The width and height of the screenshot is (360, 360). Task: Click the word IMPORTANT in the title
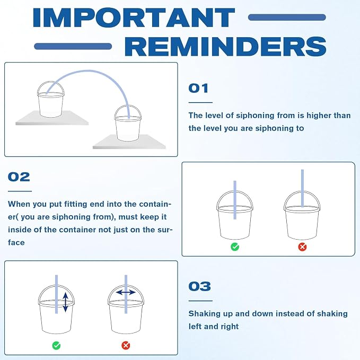click(x=134, y=17)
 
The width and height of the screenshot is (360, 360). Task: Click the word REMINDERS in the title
click(x=225, y=46)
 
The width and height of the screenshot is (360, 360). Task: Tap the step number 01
click(x=198, y=89)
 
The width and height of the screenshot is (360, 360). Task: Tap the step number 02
click(x=19, y=177)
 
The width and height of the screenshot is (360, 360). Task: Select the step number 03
click(x=199, y=286)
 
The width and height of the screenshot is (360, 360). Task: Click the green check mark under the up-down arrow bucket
click(x=57, y=345)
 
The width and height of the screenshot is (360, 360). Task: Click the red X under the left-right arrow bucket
click(x=126, y=345)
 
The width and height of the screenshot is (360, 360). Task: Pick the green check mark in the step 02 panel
click(x=235, y=247)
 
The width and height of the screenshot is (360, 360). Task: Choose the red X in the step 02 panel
click(x=302, y=247)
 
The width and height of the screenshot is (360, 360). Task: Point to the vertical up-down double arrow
click(x=65, y=302)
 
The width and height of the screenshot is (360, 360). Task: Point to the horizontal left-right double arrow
click(x=126, y=292)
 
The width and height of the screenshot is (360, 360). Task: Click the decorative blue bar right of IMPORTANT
click(x=287, y=17)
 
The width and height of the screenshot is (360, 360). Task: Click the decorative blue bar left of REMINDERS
click(x=73, y=46)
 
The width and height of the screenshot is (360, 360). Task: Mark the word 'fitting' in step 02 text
click(x=76, y=204)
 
